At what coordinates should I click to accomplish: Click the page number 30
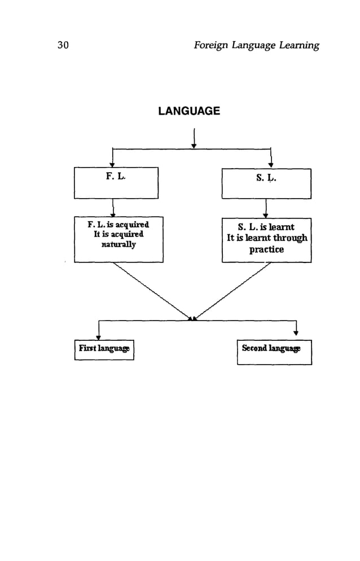[63, 46]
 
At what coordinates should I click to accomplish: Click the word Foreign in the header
[210, 46]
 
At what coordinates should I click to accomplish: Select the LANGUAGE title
[189, 111]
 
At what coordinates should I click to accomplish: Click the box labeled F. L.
[116, 183]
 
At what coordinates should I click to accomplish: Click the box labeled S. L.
[266, 183]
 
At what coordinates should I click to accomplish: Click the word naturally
[118, 244]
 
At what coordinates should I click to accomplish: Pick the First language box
[104, 349]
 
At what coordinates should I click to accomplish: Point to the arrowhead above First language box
[99, 338]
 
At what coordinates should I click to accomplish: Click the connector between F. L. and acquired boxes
[113, 208]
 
